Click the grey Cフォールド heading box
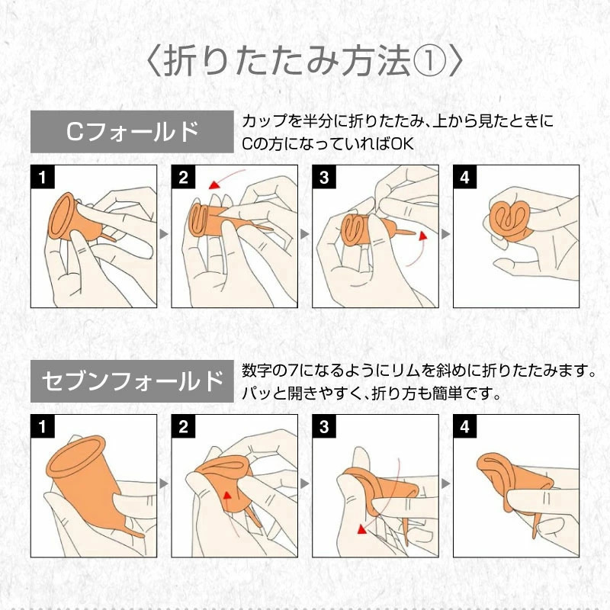pos(132,131)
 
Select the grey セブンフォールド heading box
pos(132,380)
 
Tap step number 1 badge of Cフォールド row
pos(43,177)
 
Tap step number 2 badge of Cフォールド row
pos(184,177)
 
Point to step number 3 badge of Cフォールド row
pos(325,177)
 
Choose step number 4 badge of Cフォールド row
pos(465,177)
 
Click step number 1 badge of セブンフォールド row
pos(43,426)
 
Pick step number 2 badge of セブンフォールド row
pos(184,426)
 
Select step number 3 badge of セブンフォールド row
pos(325,426)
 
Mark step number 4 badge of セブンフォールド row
pos(465,426)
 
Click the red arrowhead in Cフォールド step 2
pos(213,185)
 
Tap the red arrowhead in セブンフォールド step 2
pos(226,495)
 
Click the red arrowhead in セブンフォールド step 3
pos(362,528)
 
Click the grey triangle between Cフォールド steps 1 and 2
pos(164,234)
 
